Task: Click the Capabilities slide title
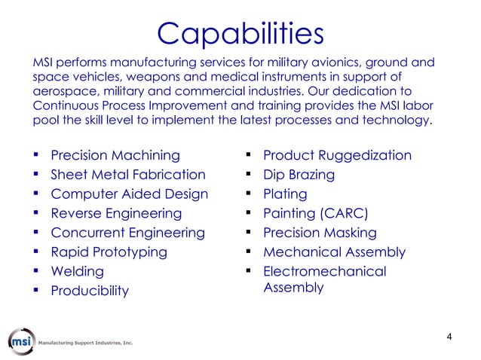[240, 33]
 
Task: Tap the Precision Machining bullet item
[115, 156]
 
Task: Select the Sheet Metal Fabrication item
[127, 175]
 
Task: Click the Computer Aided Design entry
[129, 194]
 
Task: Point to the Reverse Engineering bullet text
[120, 214]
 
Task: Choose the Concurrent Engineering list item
[127, 233]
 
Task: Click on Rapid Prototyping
[109, 252]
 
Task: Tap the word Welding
[77, 271]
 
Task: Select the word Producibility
[89, 291]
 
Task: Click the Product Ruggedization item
[337, 156]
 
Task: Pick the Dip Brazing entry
[299, 175]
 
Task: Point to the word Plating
[284, 194]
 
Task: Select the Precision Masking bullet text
[319, 233]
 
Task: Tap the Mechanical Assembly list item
[334, 252]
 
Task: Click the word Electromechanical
[324, 271]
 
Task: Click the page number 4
[449, 336]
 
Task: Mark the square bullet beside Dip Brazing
[247, 175]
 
